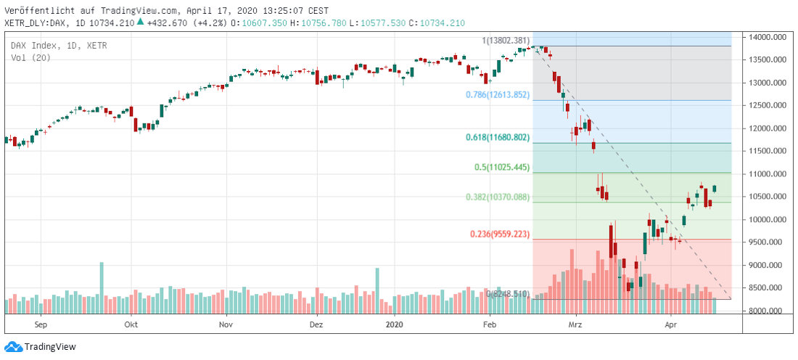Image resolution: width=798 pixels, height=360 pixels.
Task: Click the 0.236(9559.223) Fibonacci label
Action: click(501, 234)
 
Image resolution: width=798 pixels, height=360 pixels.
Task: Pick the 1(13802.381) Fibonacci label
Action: click(506, 41)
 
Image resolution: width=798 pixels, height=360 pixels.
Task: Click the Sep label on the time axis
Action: click(40, 325)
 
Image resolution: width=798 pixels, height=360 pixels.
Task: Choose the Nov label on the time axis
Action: click(226, 325)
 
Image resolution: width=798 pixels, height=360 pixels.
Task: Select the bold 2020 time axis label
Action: click(395, 325)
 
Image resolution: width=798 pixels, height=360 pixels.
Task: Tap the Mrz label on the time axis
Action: click(576, 325)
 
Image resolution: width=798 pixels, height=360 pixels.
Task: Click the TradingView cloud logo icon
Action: click(13, 347)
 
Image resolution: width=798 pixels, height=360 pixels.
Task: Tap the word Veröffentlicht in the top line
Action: click(37, 11)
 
